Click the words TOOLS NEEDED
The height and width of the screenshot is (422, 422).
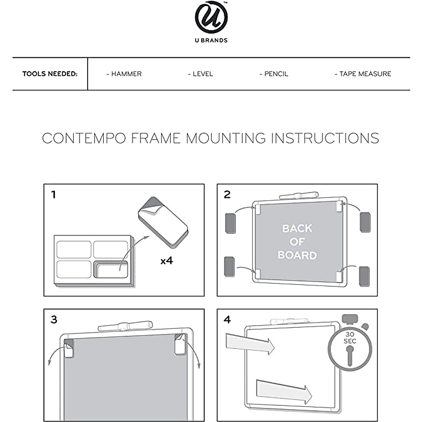tap(50, 74)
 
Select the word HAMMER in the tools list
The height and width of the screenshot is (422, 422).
tap(126, 74)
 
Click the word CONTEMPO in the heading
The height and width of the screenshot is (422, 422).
tap(84, 138)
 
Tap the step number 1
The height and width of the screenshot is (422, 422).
tap(53, 194)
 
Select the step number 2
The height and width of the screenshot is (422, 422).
tap(227, 194)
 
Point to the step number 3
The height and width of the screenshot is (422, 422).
tap(54, 320)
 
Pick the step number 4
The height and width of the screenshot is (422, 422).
tap(228, 320)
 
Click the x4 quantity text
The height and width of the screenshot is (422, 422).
tap(167, 261)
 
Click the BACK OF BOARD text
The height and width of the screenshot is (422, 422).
tap(297, 242)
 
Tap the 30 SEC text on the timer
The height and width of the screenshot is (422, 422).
tap(350, 338)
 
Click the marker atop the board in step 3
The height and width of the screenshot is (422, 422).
tap(126, 326)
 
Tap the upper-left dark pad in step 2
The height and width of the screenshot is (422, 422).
tap(230, 222)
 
